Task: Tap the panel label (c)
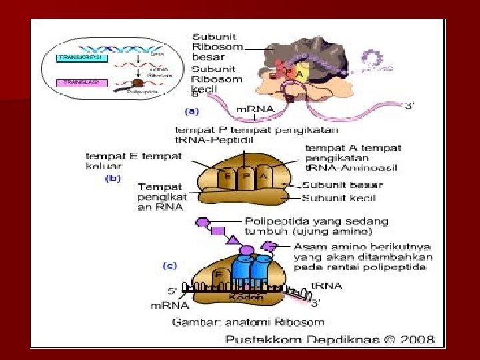170,265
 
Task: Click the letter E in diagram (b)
227,177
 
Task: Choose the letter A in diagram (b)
263,177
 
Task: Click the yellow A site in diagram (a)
301,75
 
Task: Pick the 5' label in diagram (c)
171,291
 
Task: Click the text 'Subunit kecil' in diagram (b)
339,198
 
